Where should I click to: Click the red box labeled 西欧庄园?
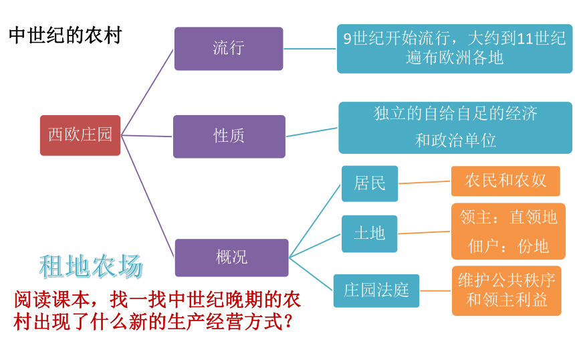80,135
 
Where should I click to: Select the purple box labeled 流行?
229,48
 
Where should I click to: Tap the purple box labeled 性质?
229,137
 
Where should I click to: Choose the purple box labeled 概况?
232,258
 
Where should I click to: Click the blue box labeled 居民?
370,183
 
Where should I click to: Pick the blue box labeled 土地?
369,234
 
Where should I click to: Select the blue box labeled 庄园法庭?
376,290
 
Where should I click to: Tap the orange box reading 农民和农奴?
505,181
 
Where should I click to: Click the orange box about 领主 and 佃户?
508,232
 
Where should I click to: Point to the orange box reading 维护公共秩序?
507,290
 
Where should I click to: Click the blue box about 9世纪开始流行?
455,49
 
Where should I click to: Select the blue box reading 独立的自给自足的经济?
455,128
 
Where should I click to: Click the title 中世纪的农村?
66,35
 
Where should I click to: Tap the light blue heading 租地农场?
91,266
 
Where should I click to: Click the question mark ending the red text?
289,321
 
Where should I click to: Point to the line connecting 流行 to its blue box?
310,48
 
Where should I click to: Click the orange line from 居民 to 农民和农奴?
425,183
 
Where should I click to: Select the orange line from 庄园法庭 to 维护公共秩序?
436,291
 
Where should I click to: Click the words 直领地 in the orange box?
533,217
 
